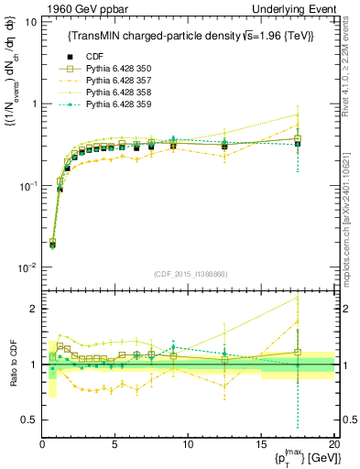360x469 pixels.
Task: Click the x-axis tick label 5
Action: point(115,444)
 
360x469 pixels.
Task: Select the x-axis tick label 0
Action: point(42,444)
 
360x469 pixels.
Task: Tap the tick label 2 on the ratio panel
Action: point(32,310)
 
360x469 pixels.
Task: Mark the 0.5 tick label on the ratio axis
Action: point(27,420)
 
